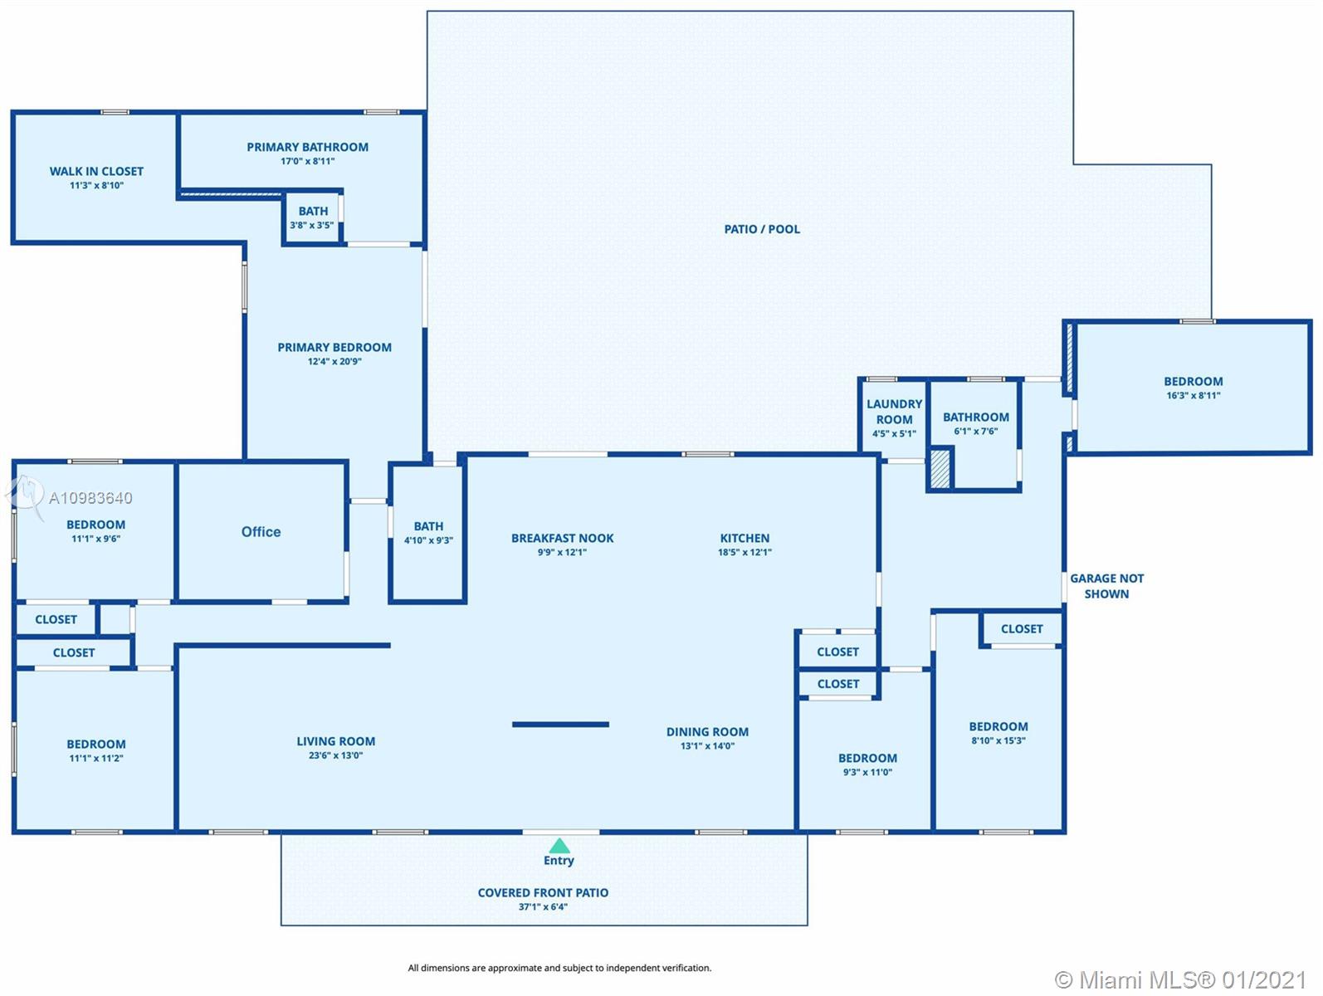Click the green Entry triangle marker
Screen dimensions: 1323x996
point(559,846)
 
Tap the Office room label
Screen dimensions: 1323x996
point(261,531)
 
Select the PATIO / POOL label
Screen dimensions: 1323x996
point(762,229)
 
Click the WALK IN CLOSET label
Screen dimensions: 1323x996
point(96,171)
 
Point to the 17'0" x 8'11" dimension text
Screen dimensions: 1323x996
point(307,161)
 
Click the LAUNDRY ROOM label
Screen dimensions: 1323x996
point(895,412)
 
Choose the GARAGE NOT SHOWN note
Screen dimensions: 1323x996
point(1106,586)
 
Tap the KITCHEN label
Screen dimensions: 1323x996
point(744,538)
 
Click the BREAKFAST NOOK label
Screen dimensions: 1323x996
point(563,538)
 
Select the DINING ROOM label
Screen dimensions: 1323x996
point(708,731)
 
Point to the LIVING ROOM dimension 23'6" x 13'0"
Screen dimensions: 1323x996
point(335,755)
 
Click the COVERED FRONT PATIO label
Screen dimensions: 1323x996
point(543,892)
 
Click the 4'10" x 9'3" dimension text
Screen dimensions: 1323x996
point(428,540)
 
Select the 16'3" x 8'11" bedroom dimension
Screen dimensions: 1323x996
point(1194,395)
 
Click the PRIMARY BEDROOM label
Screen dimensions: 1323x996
point(334,347)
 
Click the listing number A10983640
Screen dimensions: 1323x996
point(90,498)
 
